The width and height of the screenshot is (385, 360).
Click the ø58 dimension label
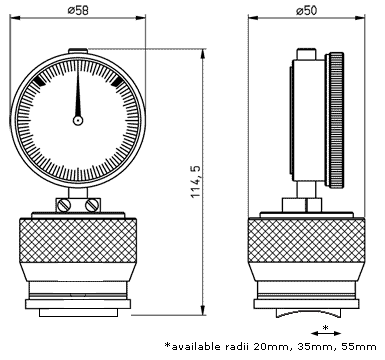[x=78, y=11]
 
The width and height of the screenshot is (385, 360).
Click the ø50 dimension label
[x=307, y=11]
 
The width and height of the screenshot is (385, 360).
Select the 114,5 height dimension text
[x=196, y=181]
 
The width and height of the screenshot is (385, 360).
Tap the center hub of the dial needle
[x=78, y=120]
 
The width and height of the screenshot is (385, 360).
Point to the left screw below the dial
[x=63, y=205]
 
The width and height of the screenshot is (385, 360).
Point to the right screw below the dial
[x=92, y=205]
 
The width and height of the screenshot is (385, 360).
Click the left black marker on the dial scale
[x=39, y=80]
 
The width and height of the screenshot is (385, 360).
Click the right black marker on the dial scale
[x=116, y=80]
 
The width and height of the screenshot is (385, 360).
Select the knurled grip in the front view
[x=78, y=240]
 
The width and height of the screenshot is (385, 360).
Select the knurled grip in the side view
[x=306, y=240]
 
